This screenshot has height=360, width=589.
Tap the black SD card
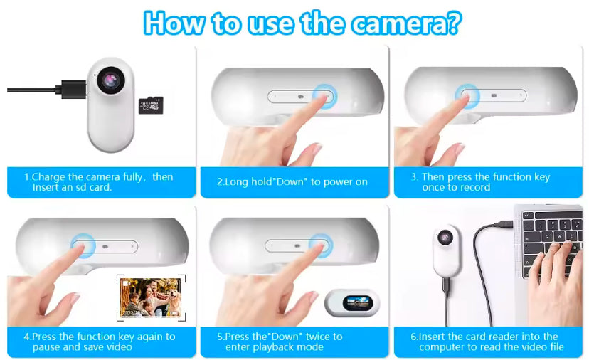coord(151,105)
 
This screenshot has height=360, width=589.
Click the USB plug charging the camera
coord(70,89)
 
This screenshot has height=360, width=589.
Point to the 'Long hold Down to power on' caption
coord(292,182)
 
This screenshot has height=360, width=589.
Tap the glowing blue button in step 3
coord(468,95)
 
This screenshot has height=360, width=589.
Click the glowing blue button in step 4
coord(83,245)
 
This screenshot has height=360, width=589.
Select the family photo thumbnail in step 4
coord(149,297)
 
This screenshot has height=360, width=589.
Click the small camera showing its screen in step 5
coord(351,303)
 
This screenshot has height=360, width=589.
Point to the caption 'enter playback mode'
coord(275,347)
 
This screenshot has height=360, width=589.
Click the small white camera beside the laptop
coord(446,249)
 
